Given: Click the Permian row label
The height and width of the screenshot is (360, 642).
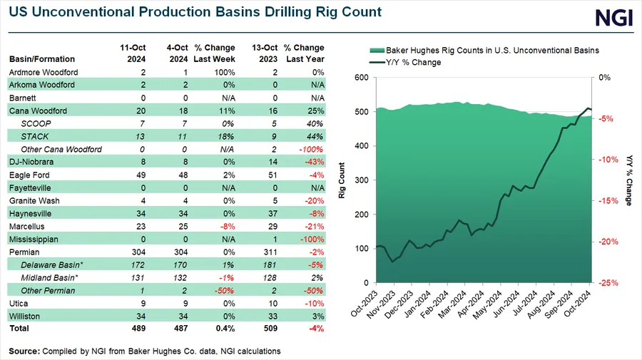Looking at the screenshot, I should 26,252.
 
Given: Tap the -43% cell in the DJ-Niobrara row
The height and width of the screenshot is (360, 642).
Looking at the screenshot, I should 315,163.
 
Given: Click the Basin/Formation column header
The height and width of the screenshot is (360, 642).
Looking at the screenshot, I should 41,59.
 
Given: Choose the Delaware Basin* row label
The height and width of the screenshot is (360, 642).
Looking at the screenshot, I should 50,265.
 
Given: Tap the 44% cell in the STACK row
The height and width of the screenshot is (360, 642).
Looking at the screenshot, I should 315,137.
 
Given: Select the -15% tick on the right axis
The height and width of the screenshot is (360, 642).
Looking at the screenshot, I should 606,200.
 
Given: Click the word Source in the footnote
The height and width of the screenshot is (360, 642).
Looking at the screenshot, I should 26,351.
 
